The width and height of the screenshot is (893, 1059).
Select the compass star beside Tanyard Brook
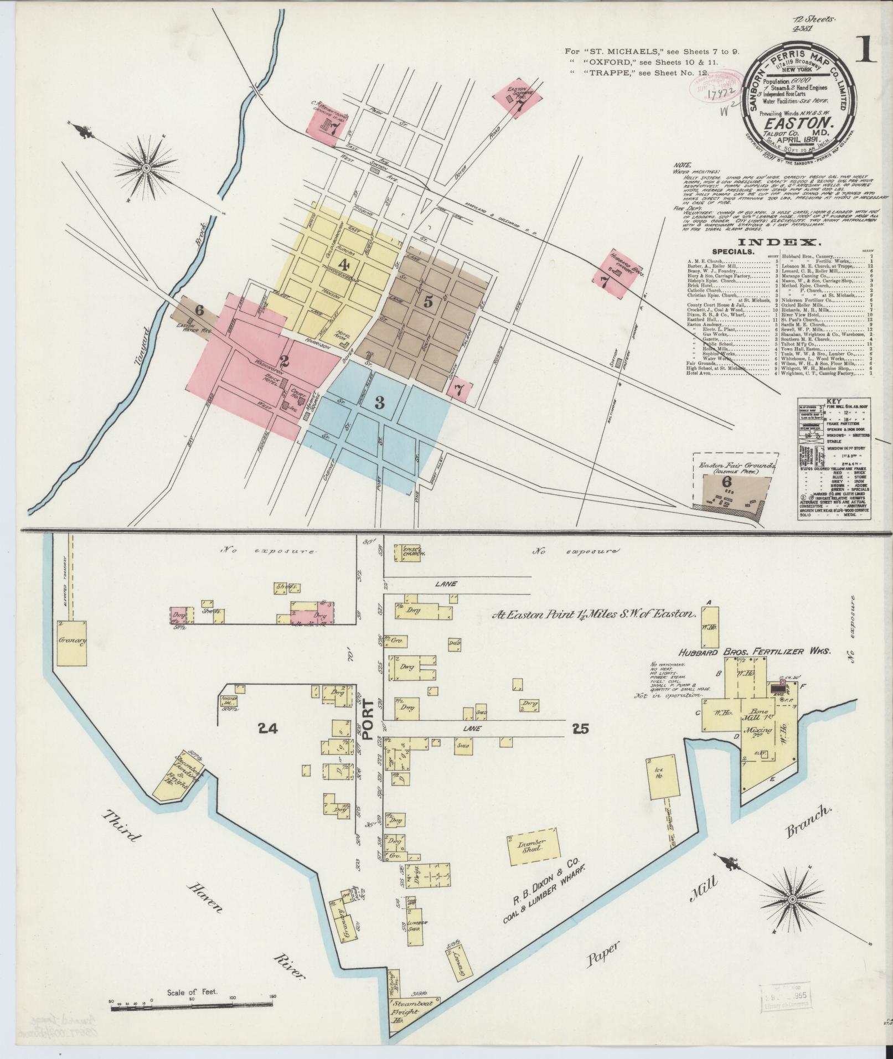(146, 167)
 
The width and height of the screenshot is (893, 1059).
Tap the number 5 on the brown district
(427, 302)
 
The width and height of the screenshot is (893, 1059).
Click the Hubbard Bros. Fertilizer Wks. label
(755, 652)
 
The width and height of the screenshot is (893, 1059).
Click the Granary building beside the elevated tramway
(72, 642)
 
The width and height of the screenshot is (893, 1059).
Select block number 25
(581, 729)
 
